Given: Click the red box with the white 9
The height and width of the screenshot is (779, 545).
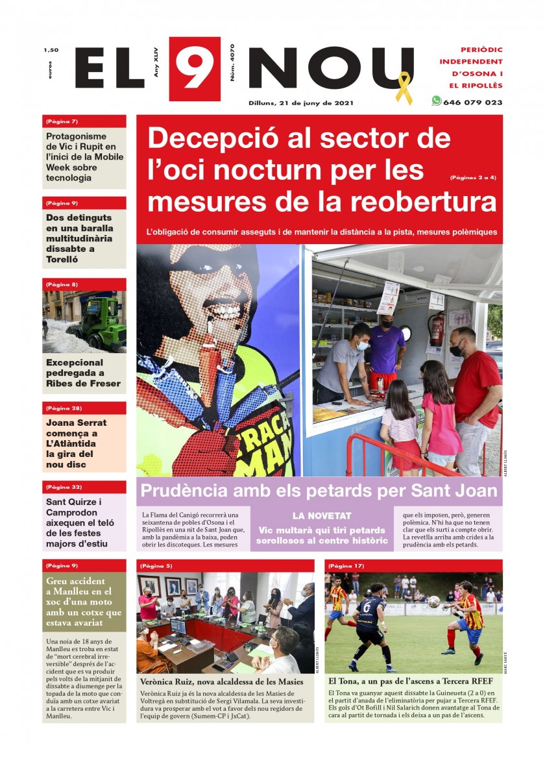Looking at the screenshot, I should (195, 69).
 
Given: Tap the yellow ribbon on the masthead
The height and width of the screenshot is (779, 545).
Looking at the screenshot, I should (404, 88).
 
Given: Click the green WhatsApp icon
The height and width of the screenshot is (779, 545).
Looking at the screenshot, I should (436, 101).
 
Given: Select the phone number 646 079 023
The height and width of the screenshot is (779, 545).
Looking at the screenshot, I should (472, 103).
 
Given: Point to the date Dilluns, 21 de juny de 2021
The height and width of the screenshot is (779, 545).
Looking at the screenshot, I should (301, 103).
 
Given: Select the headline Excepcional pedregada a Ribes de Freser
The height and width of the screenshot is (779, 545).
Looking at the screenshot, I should (83, 373).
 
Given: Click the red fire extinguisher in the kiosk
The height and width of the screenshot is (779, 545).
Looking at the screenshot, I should (437, 328).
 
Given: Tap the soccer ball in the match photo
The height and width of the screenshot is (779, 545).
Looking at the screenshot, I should (433, 602).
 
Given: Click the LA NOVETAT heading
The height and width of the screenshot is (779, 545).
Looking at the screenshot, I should (322, 516).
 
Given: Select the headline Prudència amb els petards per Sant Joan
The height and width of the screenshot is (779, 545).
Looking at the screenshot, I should (319, 491).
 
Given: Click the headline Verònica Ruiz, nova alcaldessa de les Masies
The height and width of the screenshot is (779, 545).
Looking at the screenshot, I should (222, 682).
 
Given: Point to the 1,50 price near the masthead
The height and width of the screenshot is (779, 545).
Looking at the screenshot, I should (51, 50).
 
